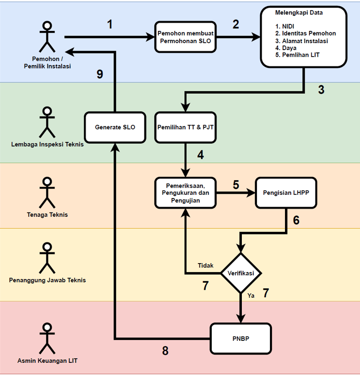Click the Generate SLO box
(x=115, y=127)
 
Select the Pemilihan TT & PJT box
(x=186, y=127)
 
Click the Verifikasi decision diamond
(x=241, y=272)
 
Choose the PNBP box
(x=241, y=338)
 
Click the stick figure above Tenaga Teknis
(x=47, y=192)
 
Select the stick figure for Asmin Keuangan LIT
(x=47, y=338)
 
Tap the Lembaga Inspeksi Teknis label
(x=47, y=144)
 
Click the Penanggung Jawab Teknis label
(x=47, y=280)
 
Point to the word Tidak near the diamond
(x=205, y=265)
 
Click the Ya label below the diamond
(x=251, y=295)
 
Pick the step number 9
(x=99, y=74)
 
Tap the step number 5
(x=236, y=184)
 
